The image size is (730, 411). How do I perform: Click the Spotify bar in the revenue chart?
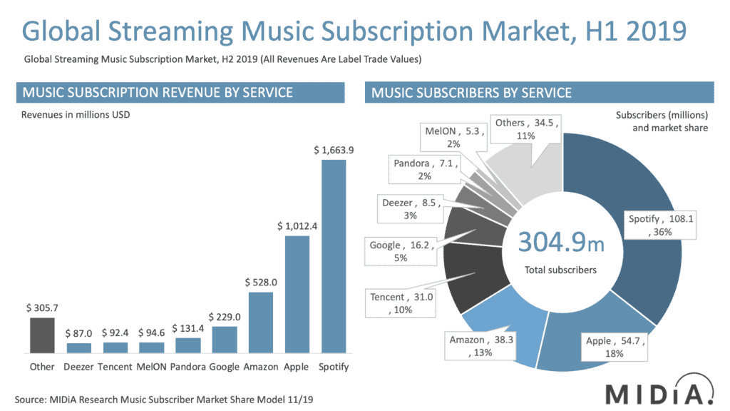333,256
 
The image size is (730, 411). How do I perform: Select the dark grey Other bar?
42,335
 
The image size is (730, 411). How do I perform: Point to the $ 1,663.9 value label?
333,150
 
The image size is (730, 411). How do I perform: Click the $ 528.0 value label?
260,282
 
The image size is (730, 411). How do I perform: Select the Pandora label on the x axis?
187,367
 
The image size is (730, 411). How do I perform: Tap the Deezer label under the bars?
79,367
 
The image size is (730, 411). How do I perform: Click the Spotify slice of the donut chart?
642,214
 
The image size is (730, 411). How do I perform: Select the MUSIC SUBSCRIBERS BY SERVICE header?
471,93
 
